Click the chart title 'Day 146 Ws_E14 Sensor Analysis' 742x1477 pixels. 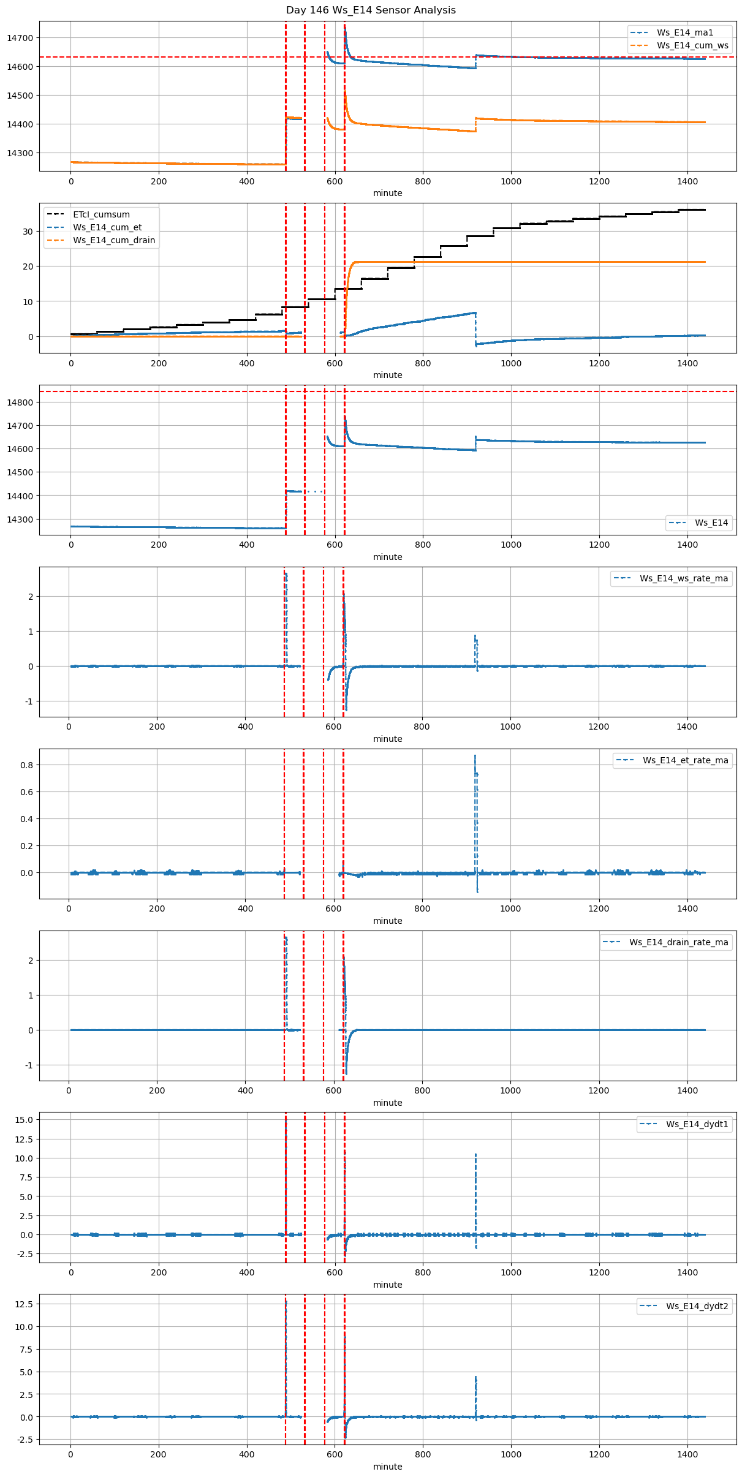coord(371,10)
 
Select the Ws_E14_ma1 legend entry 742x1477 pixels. coord(684,32)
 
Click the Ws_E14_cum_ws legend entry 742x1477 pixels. coord(692,45)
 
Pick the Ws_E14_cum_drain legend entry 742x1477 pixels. coord(114,240)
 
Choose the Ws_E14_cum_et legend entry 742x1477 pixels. coord(107,227)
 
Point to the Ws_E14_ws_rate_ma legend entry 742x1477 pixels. coord(684,578)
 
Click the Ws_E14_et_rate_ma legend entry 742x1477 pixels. coord(685,760)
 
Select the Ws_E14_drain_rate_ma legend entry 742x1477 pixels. coord(678,942)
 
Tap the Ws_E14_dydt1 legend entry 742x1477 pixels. coord(697,1124)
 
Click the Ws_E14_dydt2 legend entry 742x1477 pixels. coord(697,1306)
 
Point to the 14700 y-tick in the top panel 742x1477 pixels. coord(20,38)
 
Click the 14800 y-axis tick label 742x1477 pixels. coord(20,402)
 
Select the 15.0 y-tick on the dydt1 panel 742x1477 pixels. coord(25,1120)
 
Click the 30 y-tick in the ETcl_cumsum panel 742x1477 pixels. coord(28,232)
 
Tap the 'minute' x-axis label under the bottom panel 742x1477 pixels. coord(388,1467)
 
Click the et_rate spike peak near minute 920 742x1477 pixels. coord(475,756)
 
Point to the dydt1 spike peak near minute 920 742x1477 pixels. coord(475,1154)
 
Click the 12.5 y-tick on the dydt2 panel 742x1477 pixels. coord(25,1304)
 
